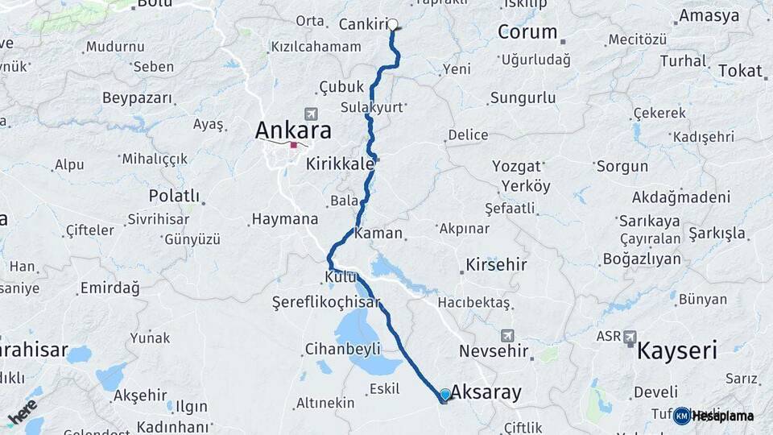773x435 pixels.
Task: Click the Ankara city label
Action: [x=293, y=130]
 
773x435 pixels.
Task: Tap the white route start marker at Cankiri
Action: [x=393, y=24]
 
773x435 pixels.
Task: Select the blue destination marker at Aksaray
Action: [x=444, y=394]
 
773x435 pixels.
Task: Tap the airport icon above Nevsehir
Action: [x=506, y=335]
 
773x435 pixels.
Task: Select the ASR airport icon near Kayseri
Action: [x=629, y=338]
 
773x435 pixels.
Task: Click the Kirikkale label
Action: [x=340, y=164]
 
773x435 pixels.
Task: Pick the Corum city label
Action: [x=527, y=32]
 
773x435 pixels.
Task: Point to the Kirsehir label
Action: [x=496, y=265]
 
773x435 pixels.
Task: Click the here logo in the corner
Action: [x=23, y=412]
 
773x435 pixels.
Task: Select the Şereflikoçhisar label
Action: [x=325, y=302]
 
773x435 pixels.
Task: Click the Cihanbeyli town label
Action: [x=342, y=349]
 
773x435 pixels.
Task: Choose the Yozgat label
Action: [x=517, y=167]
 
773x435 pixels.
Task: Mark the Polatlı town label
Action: [x=174, y=196]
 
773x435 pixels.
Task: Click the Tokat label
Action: [x=739, y=71]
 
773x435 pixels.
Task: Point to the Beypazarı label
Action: [x=137, y=98]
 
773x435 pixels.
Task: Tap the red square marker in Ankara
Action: [x=294, y=146]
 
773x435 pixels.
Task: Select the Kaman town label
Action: [x=378, y=233]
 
